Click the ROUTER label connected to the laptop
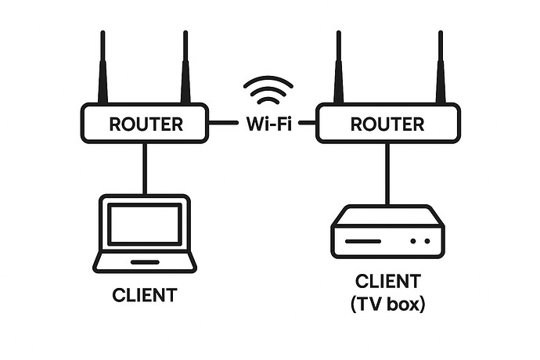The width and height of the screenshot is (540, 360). coord(146,124)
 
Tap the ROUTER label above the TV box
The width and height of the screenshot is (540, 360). coord(387,124)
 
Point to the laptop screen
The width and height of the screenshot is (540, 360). coord(145,223)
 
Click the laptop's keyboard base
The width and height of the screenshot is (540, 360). coord(145,261)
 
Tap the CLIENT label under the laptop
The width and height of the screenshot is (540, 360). coord(145,296)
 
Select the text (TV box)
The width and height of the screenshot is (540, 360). coord(388,304)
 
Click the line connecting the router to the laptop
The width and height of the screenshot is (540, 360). coord(145,168)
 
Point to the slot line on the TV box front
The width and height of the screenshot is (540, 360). coord(369,241)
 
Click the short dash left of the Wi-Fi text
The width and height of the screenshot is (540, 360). coord(225,123)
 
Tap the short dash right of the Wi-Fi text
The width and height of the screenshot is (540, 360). coord(307,123)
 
